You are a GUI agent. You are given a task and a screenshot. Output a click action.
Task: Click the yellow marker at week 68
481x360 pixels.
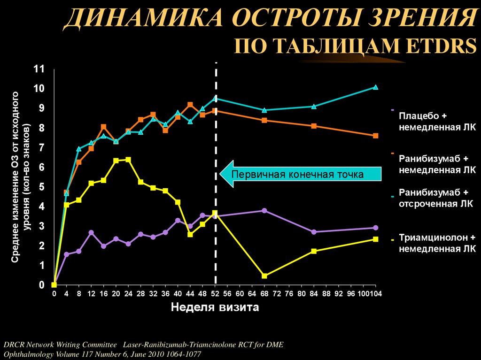point(264,276)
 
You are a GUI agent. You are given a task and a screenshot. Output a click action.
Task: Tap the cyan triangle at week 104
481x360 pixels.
point(375,87)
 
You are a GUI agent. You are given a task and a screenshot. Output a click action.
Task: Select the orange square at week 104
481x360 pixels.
point(375,136)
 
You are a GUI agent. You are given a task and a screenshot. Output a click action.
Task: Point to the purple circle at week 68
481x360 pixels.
point(264,211)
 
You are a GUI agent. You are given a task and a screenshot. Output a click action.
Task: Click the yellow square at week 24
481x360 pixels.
point(128,160)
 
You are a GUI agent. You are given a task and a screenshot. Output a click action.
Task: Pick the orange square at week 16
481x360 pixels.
point(103,127)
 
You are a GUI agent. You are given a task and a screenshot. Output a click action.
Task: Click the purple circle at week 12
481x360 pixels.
point(91,233)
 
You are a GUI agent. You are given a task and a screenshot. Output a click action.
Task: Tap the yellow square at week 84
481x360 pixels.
point(314,251)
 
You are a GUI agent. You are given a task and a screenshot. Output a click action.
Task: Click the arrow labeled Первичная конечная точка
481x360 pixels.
point(301,175)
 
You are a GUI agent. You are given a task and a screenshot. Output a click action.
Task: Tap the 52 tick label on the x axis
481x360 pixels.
point(215,294)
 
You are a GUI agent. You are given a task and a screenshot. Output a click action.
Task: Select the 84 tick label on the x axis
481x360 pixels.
point(314,294)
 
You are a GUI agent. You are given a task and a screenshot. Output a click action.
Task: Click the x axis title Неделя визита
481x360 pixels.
point(214,308)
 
